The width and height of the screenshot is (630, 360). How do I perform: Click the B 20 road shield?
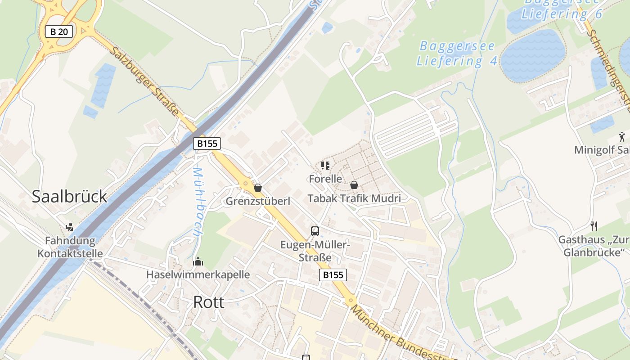[x=59, y=31]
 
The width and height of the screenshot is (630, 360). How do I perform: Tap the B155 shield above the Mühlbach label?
[x=207, y=144]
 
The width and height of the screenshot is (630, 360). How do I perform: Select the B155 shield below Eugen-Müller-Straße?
[x=333, y=275]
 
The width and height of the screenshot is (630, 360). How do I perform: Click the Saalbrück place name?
[x=69, y=196]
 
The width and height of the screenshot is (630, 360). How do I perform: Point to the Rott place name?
[x=208, y=302]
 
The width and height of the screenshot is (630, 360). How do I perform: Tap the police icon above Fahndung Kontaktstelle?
[x=69, y=227]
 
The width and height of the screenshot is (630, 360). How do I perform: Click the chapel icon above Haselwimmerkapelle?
[x=198, y=261]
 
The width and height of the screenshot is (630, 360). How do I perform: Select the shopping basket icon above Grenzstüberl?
[x=258, y=187]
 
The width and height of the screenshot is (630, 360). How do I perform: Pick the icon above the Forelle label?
[x=325, y=166]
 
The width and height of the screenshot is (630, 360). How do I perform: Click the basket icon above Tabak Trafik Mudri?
[x=354, y=184]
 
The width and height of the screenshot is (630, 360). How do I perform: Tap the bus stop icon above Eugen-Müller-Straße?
[x=315, y=231]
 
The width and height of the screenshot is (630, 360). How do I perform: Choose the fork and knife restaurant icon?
[x=594, y=226]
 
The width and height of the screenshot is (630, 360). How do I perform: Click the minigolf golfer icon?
[x=622, y=136]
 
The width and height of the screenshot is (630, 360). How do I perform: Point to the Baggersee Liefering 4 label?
[x=456, y=54]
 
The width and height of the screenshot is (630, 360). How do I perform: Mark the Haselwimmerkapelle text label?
[x=198, y=274]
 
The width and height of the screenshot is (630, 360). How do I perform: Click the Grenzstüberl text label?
[x=258, y=201]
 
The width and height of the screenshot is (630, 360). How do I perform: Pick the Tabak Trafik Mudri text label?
[x=354, y=198]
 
